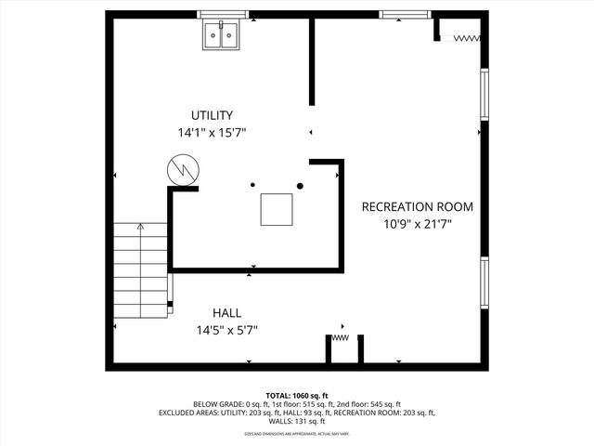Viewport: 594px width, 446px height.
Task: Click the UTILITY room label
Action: (212, 115)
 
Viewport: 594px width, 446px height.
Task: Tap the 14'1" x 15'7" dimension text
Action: (212, 133)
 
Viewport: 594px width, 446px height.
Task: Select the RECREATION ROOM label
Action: (417, 206)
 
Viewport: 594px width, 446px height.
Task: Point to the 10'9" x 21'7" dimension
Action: (417, 224)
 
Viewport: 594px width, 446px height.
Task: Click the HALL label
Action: (226, 312)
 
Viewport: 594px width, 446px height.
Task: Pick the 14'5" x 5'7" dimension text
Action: (226, 330)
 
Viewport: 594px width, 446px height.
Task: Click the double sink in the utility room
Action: (223, 35)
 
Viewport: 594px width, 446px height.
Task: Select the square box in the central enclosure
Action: (277, 209)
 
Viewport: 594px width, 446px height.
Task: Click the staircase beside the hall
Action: (140, 269)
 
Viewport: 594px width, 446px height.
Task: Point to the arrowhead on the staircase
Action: (140, 226)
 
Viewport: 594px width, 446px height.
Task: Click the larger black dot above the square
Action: (300, 186)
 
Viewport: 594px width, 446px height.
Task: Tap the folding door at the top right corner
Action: (461, 38)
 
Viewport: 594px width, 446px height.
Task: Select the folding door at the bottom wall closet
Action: (341, 339)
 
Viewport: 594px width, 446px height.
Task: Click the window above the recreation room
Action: (407, 15)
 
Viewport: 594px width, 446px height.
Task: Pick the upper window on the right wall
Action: (484, 94)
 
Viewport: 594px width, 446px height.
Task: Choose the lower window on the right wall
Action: (484, 282)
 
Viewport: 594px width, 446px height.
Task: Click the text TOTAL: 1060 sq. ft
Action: (297, 396)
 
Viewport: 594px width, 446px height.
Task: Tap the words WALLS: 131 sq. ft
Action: (297, 421)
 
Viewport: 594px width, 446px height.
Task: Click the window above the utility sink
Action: (224, 15)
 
